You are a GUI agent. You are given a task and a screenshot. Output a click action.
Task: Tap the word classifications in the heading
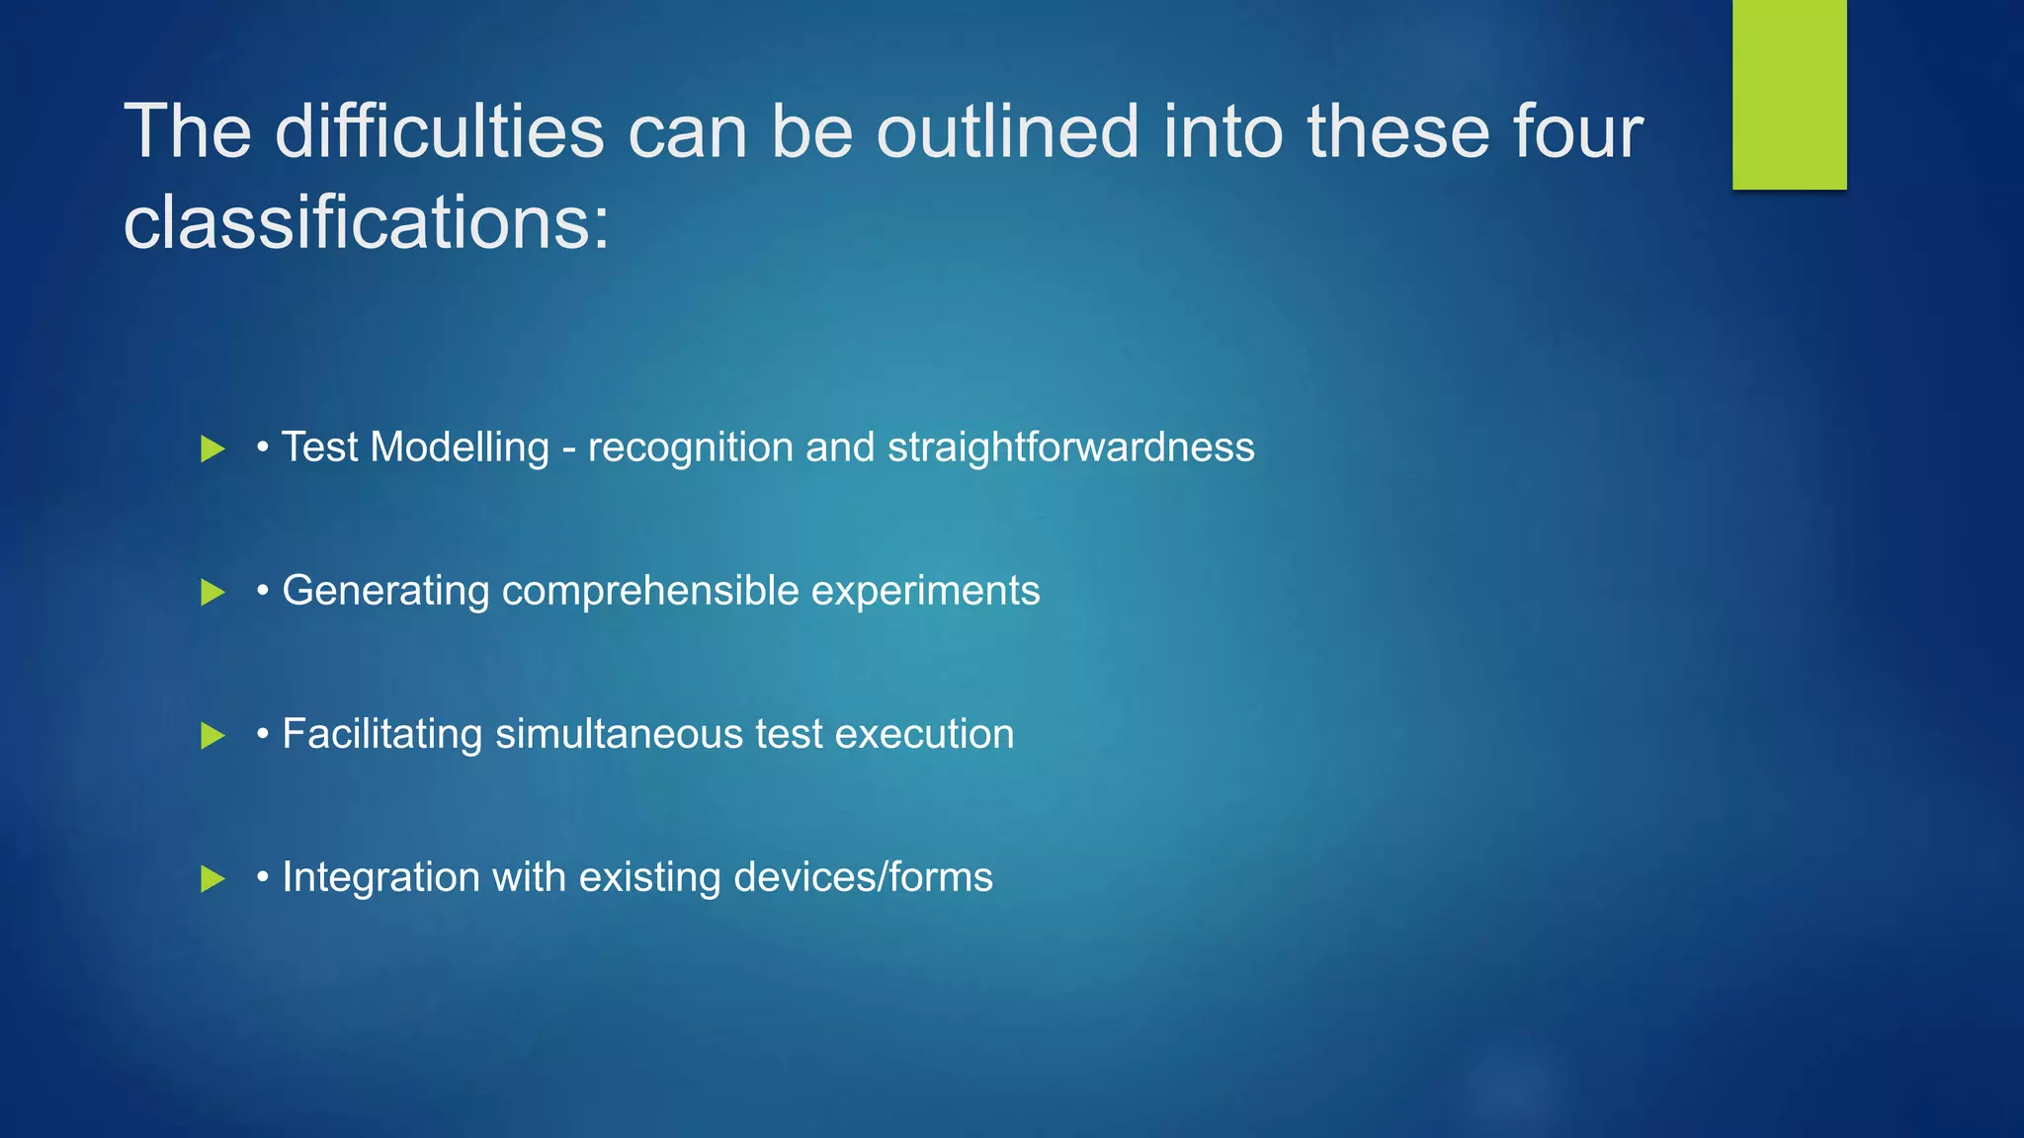pos(365,222)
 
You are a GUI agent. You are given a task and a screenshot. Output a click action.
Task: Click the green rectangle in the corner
pos(1789,94)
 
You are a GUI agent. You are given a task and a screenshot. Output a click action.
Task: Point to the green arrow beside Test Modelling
pos(211,449)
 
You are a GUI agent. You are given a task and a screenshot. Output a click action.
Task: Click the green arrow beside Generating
pos(211,593)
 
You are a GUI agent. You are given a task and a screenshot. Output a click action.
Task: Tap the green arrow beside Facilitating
pos(211,736)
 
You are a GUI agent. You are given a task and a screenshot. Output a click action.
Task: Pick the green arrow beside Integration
pos(211,879)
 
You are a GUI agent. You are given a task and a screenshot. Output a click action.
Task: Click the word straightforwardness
pos(1070,447)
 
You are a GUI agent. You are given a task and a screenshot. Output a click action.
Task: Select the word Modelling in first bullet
pos(460,447)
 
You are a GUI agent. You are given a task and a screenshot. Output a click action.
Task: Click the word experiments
pos(925,591)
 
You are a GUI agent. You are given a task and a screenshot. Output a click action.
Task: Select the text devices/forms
pos(863,877)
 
